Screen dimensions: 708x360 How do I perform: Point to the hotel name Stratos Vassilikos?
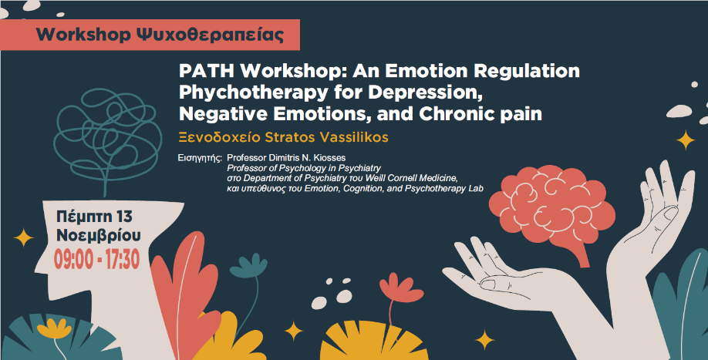click(x=326, y=137)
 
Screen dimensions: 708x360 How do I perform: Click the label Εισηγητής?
click(x=200, y=158)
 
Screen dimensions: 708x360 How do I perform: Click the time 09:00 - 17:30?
click(x=96, y=259)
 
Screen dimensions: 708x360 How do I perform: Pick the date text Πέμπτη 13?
click(x=94, y=217)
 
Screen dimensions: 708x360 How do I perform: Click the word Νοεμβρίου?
click(x=99, y=235)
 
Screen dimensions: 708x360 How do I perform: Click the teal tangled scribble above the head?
click(x=108, y=131)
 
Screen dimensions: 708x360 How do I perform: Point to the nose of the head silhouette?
click(x=42, y=267)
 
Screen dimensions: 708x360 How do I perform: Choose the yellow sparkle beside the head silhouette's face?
click(x=23, y=237)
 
